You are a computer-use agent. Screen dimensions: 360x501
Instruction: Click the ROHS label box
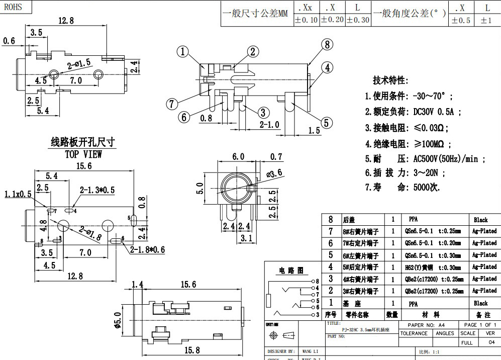tap(15, 7)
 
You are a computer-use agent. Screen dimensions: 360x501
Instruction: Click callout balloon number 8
tap(327, 44)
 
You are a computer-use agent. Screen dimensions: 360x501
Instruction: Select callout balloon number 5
tap(327, 122)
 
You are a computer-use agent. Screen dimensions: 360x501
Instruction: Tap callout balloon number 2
tap(252, 51)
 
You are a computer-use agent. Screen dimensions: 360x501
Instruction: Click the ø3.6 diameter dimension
tap(273, 172)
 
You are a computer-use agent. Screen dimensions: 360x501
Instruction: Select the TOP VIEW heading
tap(83, 154)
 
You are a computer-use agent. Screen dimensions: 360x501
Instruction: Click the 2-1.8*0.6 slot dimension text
tap(147, 249)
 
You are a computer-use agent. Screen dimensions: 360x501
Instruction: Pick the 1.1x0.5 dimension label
tap(18, 194)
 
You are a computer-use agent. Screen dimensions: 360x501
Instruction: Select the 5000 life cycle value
tap(426, 187)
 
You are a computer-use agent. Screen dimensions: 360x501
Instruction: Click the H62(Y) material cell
tap(433, 267)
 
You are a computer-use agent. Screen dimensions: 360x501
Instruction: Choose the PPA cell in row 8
tap(413, 220)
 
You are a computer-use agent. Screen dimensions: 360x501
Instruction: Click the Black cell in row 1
tap(480, 303)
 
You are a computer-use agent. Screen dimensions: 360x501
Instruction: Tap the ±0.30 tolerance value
tap(358, 20)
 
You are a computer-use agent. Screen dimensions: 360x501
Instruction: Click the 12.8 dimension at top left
tap(66, 21)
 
